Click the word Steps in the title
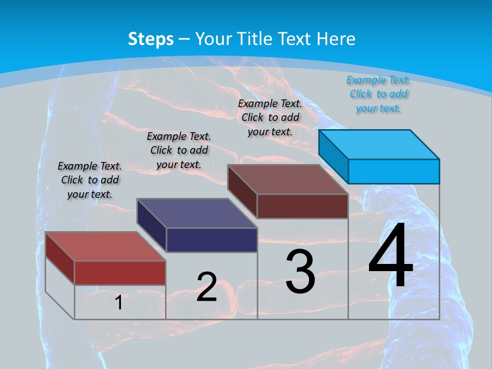[x=151, y=39]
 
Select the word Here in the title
[x=336, y=39]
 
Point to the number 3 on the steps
[x=300, y=272]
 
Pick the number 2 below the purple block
[x=207, y=287]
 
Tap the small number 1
[x=118, y=302]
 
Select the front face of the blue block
[x=394, y=171]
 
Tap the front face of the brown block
[x=302, y=207]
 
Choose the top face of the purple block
[x=197, y=213]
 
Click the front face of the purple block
[x=212, y=240]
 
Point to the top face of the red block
[x=105, y=247]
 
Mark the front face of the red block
[x=120, y=273]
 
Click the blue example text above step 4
[x=378, y=94]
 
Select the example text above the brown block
[x=270, y=117]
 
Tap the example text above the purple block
[x=179, y=150]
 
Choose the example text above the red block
[x=90, y=180]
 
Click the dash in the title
[x=184, y=39]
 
